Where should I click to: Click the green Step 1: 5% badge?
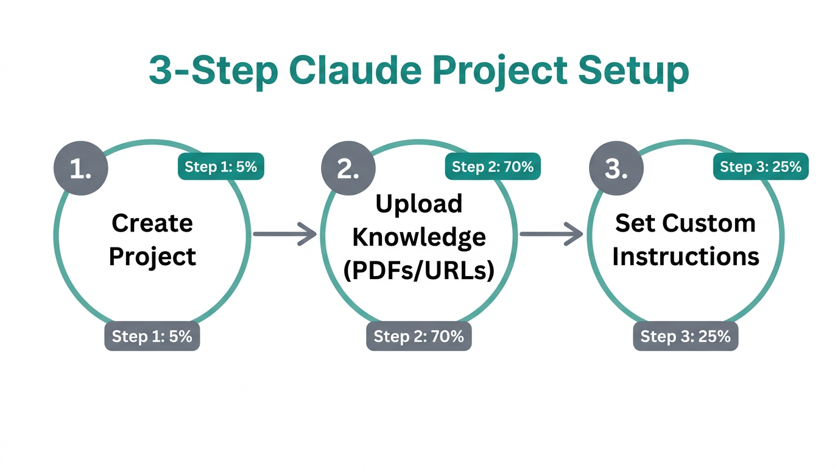pos(220,166)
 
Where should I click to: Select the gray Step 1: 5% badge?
pos(152,336)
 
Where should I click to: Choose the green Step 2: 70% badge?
pos(493,166)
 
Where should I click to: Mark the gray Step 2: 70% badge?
pos(419,336)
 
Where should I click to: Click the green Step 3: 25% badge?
pos(761,166)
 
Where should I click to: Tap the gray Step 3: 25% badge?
pos(686,336)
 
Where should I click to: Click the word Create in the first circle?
pos(152,223)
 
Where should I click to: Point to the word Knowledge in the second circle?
pos(419,237)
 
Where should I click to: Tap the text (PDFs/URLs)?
pos(419,270)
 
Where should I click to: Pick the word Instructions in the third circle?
pos(686,257)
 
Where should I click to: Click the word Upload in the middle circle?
pos(419,204)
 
